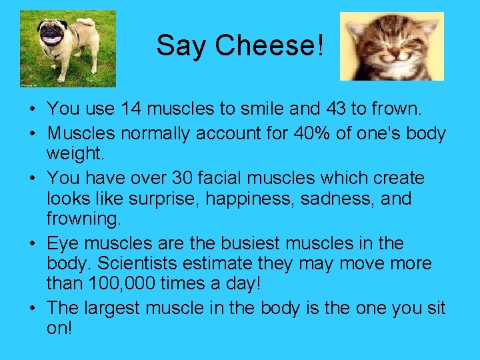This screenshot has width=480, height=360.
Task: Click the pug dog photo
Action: (x=67, y=48)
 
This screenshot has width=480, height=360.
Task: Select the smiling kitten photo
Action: (x=392, y=46)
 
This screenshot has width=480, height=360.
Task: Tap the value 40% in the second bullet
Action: (x=304, y=133)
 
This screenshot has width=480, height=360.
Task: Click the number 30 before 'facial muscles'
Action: (x=183, y=179)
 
